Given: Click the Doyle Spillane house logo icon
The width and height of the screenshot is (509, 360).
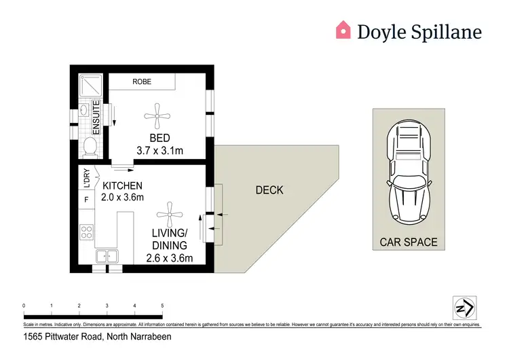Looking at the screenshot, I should (x=344, y=30).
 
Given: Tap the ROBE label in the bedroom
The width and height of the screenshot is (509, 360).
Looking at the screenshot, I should (x=143, y=82).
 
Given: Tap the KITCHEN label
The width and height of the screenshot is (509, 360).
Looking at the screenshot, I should (x=122, y=186).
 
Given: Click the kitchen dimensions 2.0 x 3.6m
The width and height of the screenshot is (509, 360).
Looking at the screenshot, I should (x=122, y=198).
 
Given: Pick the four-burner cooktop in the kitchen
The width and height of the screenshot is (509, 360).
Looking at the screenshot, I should (x=87, y=232).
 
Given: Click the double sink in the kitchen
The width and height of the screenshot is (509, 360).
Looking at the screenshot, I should (x=107, y=257).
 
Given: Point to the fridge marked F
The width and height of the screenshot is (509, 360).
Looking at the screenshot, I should (x=87, y=200).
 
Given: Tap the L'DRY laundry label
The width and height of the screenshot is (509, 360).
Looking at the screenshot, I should (x=87, y=177).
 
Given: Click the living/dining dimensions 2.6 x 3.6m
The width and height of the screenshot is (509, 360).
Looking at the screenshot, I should (x=170, y=258).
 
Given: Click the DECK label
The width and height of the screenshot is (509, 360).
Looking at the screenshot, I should (x=269, y=190).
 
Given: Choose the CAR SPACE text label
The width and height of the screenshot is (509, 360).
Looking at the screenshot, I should (x=409, y=242).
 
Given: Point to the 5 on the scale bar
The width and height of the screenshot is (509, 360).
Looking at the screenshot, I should (x=162, y=306).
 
